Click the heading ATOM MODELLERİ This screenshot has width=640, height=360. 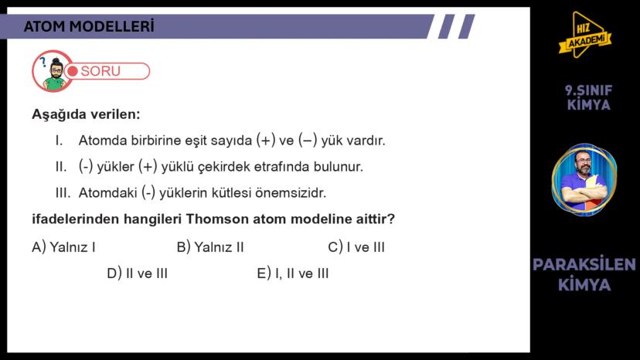pyautogui.click(x=89, y=26)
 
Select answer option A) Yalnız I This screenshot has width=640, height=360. pyautogui.click(x=63, y=247)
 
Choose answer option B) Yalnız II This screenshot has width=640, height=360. pyautogui.click(x=210, y=247)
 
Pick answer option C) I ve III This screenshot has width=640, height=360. pyautogui.click(x=356, y=247)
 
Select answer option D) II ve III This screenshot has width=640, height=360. pyautogui.click(x=137, y=273)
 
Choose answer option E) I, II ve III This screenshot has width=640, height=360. pyautogui.click(x=293, y=273)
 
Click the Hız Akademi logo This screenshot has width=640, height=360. pyautogui.click(x=584, y=36)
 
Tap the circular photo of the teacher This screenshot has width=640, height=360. pyautogui.click(x=584, y=180)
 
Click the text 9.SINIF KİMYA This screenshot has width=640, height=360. pyautogui.click(x=588, y=97)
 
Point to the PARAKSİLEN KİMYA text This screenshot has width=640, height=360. pyautogui.click(x=584, y=274)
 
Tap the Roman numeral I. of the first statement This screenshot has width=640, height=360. pyautogui.click(x=59, y=141)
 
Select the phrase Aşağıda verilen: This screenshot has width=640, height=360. pyautogui.click(x=86, y=114)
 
